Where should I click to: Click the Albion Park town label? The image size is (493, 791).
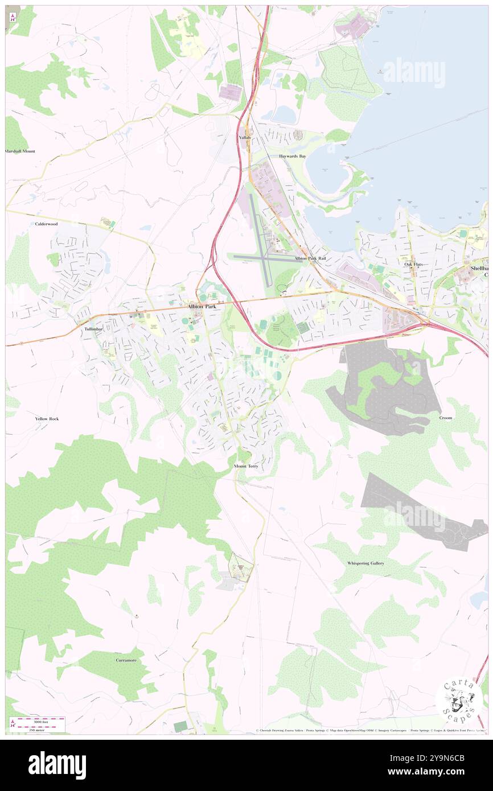pos(202,306)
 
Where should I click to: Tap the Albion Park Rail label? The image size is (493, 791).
pos(310,258)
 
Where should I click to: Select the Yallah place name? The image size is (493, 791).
pos(245,138)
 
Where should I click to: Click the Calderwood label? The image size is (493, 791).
pos(46,224)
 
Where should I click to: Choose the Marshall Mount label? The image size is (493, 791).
pos(20,151)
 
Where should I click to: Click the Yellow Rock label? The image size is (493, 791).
pos(47,419)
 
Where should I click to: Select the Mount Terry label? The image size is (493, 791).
pos(246,466)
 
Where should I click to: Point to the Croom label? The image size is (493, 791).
pos(445,418)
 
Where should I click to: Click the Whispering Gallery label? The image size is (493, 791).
pos(365,563)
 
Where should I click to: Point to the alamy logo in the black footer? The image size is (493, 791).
pos(57,765)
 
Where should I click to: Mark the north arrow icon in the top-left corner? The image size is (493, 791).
pos(13,17)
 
